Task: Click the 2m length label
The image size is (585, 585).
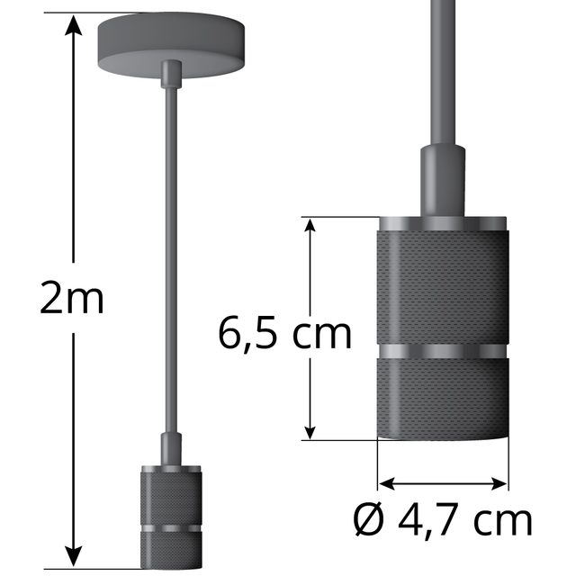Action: [72, 299]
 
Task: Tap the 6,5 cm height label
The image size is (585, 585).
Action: [284, 334]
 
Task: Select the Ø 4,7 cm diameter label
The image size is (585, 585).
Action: [441, 521]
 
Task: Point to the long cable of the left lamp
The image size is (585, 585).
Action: [168, 270]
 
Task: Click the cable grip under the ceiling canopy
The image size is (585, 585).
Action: [168, 76]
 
